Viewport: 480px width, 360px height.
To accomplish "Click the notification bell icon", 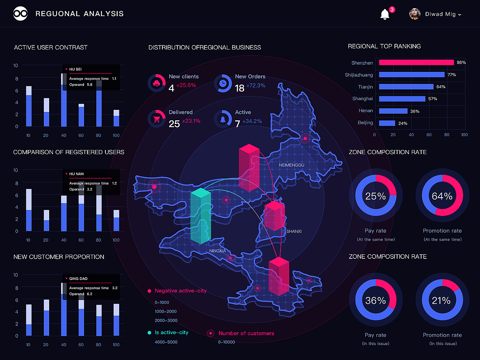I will click(x=385, y=14).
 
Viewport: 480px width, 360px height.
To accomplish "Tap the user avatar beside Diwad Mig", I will click(x=414, y=14).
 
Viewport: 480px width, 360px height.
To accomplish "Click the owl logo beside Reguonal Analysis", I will click(x=20, y=13).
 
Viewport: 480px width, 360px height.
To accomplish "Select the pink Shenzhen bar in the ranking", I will click(x=416, y=63).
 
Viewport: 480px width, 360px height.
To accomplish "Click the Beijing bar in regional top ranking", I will click(x=387, y=123).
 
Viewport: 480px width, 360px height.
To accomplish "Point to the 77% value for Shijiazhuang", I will click(x=451, y=75).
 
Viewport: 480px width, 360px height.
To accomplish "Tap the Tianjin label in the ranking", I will click(x=365, y=87).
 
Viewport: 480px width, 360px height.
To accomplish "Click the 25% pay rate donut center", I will click(x=375, y=196).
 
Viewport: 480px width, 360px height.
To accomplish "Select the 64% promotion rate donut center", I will click(x=442, y=196).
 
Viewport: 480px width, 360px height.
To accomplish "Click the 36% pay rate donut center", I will click(x=375, y=300).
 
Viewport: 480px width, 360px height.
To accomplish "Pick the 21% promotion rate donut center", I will click(x=441, y=300).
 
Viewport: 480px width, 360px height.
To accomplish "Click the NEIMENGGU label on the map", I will click(x=291, y=165).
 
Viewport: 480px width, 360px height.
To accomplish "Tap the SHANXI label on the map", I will click(x=294, y=231).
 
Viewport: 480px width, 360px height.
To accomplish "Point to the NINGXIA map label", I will click(x=217, y=251).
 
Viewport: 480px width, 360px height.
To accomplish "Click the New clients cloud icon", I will click(x=157, y=83).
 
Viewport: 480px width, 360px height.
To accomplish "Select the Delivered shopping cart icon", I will click(x=157, y=119).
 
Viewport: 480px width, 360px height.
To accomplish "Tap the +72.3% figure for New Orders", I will click(x=256, y=85).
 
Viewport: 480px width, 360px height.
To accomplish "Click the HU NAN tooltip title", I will click(x=76, y=174).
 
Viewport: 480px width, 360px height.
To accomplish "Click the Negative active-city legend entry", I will click(x=180, y=291).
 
